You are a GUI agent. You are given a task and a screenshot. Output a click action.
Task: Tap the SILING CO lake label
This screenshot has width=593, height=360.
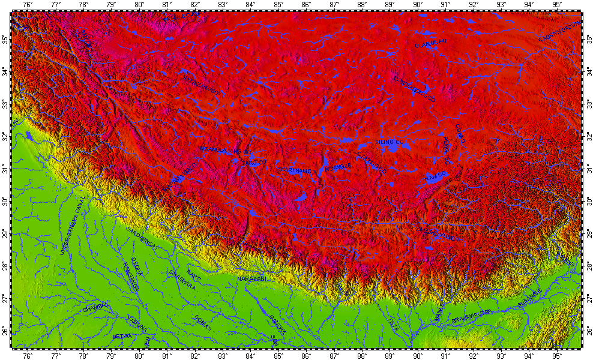tap(387, 142)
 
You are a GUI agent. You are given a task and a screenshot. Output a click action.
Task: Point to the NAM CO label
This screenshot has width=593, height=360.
tap(436, 175)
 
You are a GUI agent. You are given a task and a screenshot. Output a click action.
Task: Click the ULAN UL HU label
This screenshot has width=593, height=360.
tap(431, 41)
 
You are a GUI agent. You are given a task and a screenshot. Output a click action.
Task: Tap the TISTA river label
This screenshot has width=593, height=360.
tap(394, 324)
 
